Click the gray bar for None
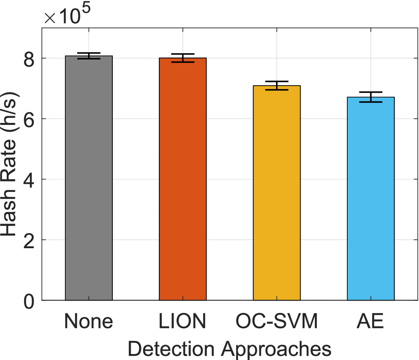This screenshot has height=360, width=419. click(89, 178)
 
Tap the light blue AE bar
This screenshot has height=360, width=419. click(371, 199)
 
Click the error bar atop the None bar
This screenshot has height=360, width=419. click(89, 56)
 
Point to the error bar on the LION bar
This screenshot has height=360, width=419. click(183, 58)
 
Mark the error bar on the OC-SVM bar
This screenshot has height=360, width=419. click(276, 86)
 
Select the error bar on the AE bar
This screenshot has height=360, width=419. click(371, 97)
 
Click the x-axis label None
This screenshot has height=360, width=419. click(89, 322)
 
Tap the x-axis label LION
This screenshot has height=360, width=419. click(183, 322)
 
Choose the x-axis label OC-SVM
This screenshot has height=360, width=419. click(276, 322)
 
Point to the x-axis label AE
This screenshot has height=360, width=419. click(371, 322)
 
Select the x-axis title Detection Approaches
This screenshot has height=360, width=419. click(230, 349)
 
